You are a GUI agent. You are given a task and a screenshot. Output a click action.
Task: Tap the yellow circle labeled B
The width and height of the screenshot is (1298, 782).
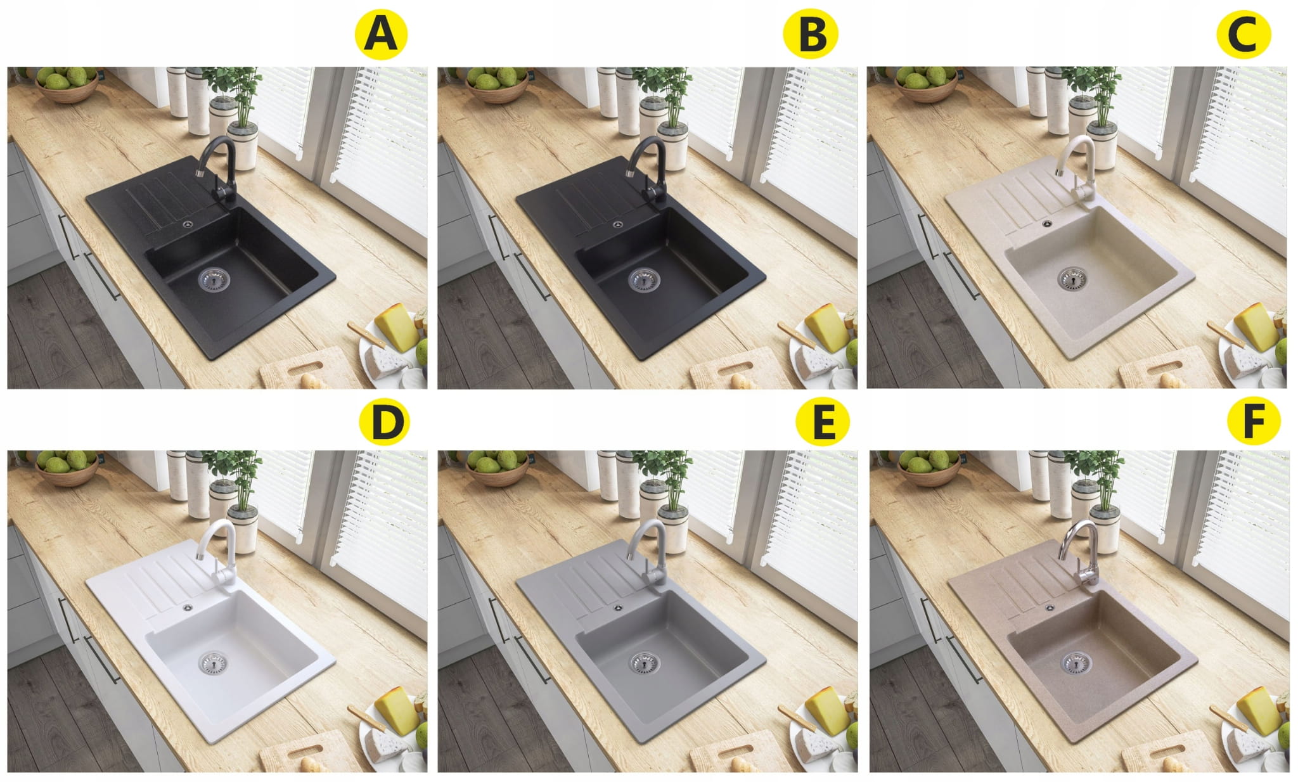[811, 34]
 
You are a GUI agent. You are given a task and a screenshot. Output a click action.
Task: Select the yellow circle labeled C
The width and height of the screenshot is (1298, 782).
[1243, 34]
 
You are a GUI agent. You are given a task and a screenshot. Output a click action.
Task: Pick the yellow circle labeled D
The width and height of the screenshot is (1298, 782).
[384, 421]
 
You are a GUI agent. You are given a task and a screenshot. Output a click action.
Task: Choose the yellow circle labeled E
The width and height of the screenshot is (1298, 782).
[823, 421]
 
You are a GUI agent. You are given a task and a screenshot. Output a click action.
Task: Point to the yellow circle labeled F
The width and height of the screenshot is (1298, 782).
[1253, 421]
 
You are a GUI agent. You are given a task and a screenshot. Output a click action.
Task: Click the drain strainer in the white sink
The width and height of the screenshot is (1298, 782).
[214, 663]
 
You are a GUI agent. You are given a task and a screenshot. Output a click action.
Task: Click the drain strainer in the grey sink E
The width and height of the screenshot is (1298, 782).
[644, 663]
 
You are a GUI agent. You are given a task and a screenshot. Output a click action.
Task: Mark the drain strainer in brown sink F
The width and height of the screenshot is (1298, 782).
[1076, 663]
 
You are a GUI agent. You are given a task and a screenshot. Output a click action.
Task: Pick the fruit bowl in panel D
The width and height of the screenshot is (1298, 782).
[67, 468]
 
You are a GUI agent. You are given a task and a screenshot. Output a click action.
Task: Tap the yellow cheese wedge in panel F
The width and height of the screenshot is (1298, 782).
[1258, 710]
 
